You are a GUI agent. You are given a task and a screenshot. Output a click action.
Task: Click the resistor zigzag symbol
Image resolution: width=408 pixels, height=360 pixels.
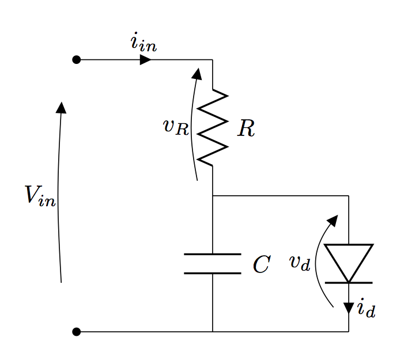tap(213, 127)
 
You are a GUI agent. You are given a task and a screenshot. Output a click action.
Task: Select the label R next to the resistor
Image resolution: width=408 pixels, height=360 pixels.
tap(246, 129)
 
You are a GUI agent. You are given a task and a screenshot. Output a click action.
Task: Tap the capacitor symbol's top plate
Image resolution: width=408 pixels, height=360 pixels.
tap(213, 254)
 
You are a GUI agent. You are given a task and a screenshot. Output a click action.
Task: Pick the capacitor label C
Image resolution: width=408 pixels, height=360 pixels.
tap(261, 264)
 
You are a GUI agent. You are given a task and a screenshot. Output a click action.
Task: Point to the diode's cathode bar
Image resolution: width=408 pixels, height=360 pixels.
tap(349, 283)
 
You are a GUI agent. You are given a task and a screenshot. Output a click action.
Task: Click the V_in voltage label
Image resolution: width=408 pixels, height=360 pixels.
tap(40, 195)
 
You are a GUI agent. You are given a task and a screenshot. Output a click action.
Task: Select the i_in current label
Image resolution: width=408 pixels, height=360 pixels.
tap(143, 44)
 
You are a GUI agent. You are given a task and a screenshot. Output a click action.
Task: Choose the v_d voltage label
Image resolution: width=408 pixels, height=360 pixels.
tap(300, 263)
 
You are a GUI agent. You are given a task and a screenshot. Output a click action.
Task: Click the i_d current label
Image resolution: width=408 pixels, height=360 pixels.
tap(366, 309)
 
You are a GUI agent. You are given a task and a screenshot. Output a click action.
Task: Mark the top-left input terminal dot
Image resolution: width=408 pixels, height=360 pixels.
tap(76, 59)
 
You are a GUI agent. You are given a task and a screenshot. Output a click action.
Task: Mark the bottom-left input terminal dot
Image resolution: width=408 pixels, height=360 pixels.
tap(76, 332)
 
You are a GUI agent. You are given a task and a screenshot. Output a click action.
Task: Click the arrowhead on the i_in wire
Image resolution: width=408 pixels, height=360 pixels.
tap(146, 59)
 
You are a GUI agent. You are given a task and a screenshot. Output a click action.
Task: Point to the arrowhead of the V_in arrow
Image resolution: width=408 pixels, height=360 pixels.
tap(61, 108)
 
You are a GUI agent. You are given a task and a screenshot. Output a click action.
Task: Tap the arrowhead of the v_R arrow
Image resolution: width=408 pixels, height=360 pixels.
tap(197, 74)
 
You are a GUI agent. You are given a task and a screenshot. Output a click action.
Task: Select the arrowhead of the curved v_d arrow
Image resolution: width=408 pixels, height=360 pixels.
tap(333, 220)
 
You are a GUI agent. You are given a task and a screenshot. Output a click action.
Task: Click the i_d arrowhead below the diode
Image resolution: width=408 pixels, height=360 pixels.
tap(349, 308)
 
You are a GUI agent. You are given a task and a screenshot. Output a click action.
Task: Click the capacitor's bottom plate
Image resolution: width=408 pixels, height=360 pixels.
tap(213, 273)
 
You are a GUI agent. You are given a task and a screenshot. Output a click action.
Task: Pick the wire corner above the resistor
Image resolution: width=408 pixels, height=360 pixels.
tap(213, 59)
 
